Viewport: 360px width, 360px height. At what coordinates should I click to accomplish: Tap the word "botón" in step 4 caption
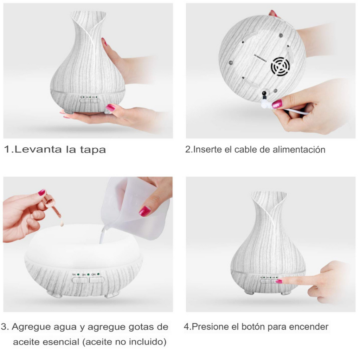(253, 327)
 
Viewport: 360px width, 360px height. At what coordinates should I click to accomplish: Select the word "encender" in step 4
(308, 327)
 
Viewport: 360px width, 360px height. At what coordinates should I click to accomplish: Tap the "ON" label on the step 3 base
(94, 274)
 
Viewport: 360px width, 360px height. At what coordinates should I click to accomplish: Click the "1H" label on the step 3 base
(74, 274)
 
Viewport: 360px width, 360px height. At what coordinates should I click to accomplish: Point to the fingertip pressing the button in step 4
(280, 281)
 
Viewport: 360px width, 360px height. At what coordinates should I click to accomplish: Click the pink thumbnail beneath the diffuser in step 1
(110, 108)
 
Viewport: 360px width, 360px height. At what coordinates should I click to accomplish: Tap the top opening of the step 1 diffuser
(88, 15)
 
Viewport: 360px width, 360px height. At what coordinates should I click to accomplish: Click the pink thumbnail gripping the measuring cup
(144, 211)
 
